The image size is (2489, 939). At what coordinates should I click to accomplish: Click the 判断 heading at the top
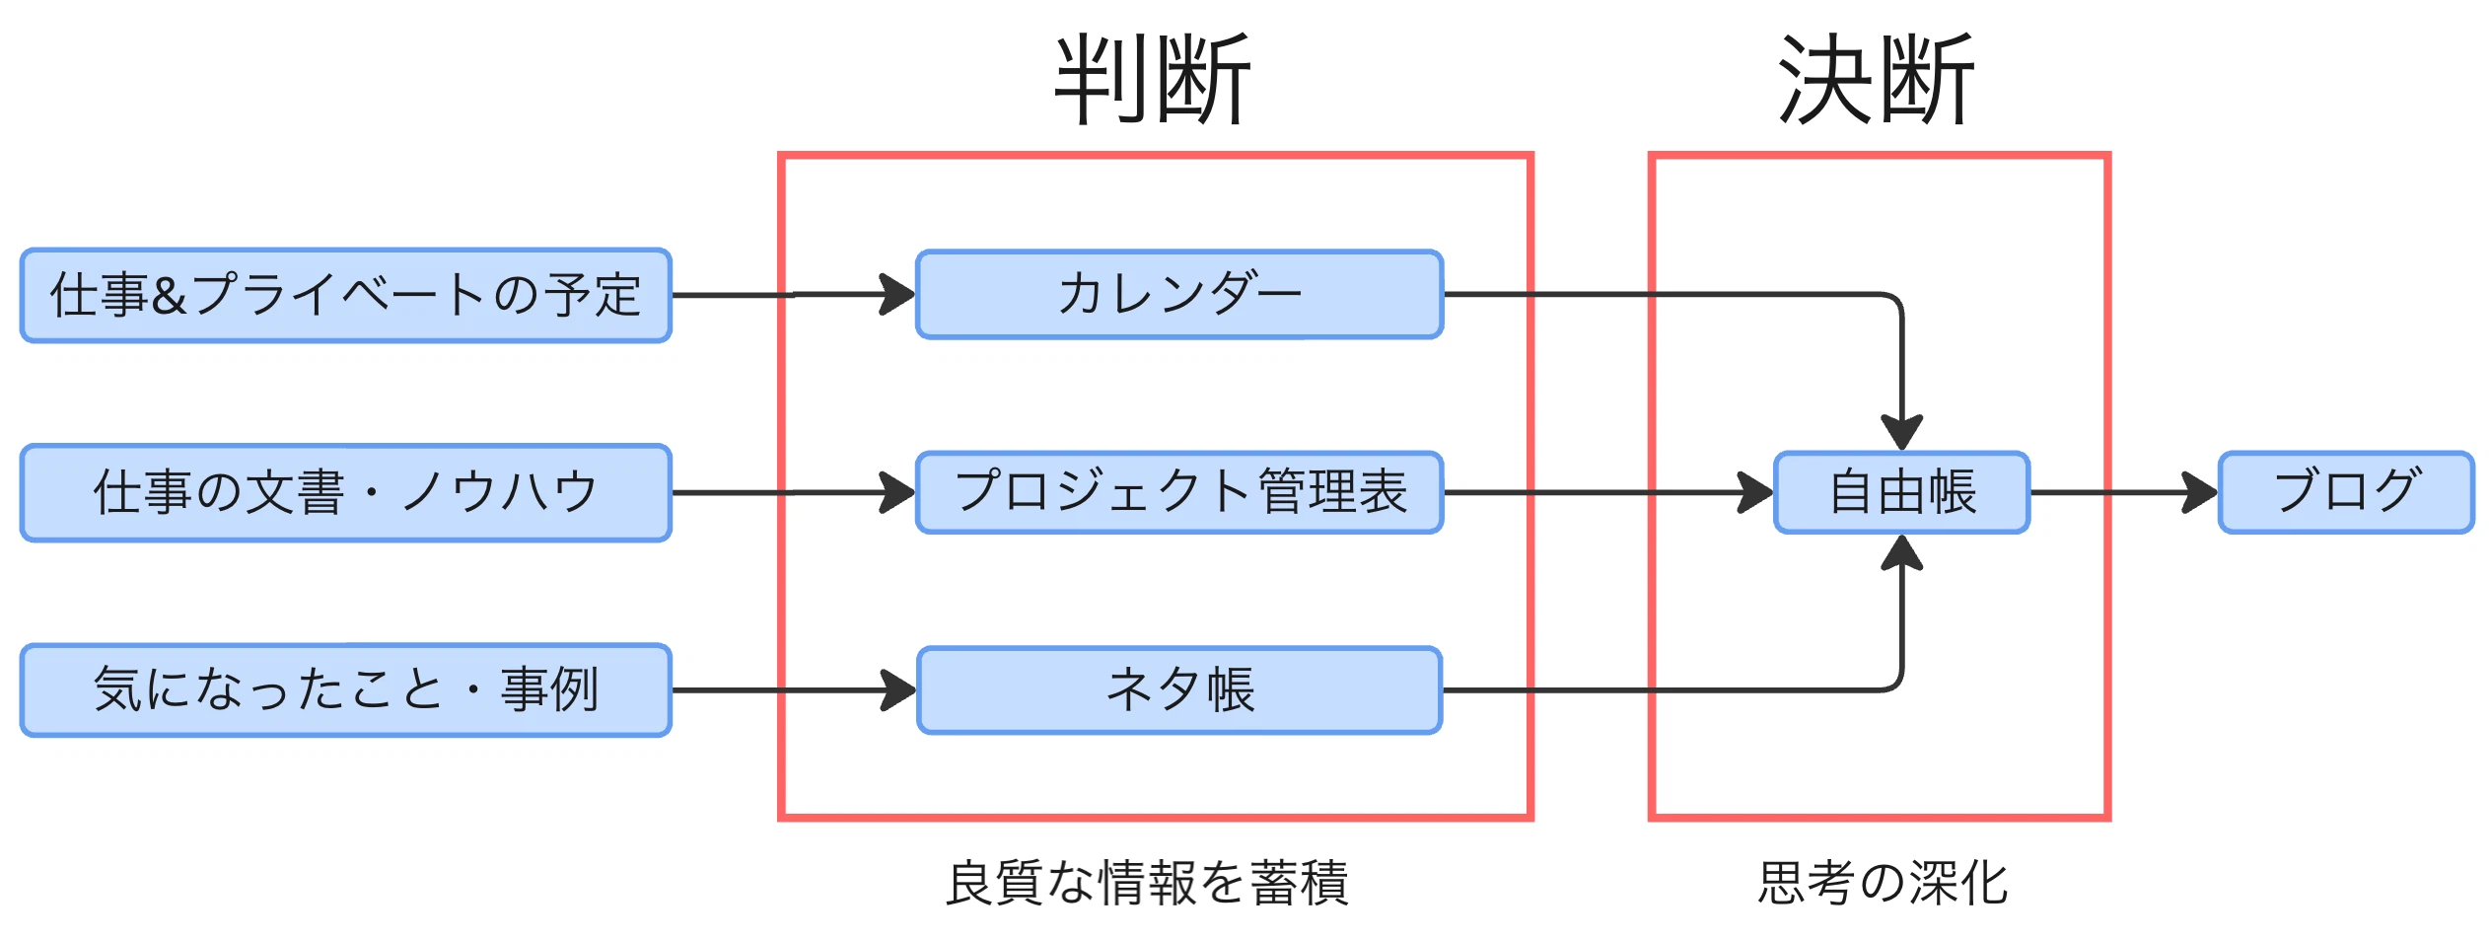(x=1153, y=79)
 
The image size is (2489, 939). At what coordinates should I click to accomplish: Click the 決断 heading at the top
(x=1876, y=79)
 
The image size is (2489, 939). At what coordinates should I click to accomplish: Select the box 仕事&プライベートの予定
(x=345, y=295)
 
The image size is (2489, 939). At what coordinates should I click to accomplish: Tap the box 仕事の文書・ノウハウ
(x=345, y=492)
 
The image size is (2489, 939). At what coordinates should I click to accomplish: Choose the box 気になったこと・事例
(x=345, y=689)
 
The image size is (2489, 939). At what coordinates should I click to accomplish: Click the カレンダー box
(x=1179, y=294)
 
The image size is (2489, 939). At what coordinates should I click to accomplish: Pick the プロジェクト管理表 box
(x=1179, y=492)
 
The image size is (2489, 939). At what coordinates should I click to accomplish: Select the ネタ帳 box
(x=1179, y=689)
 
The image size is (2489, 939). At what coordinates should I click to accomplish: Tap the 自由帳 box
(x=1901, y=492)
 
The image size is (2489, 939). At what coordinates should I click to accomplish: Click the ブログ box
(x=2346, y=492)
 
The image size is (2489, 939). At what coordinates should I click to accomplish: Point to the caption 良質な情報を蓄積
(x=1147, y=882)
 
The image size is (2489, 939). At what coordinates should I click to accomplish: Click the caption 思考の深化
(x=1883, y=882)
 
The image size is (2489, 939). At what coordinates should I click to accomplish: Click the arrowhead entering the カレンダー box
(x=897, y=294)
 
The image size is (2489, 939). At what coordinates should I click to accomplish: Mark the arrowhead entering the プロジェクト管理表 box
(x=897, y=492)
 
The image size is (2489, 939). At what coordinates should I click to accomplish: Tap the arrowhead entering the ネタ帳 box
(x=897, y=689)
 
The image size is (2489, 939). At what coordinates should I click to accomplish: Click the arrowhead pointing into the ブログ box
(x=2200, y=492)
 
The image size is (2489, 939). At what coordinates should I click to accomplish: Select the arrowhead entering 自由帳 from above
(x=1901, y=432)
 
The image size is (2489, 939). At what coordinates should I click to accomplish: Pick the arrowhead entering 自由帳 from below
(x=1901, y=554)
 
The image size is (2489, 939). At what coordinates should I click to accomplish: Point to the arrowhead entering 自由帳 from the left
(x=1755, y=492)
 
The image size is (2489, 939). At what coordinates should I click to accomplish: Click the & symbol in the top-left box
(x=169, y=296)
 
